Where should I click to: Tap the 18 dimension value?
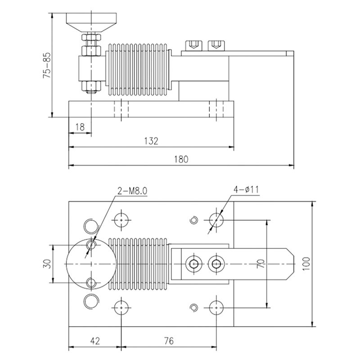[x=80, y=127]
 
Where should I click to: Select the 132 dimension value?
[x=152, y=141]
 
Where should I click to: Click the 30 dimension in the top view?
[x=47, y=264]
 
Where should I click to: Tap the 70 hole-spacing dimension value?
[x=260, y=264]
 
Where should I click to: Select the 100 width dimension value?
[x=306, y=263]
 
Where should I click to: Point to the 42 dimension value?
[x=94, y=340]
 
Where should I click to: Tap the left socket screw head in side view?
[x=192, y=45]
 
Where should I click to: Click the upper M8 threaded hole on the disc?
[x=91, y=245]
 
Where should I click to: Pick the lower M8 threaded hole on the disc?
[x=91, y=283]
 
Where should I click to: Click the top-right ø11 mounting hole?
[x=216, y=220]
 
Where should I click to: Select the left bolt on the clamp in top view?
[x=194, y=264]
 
